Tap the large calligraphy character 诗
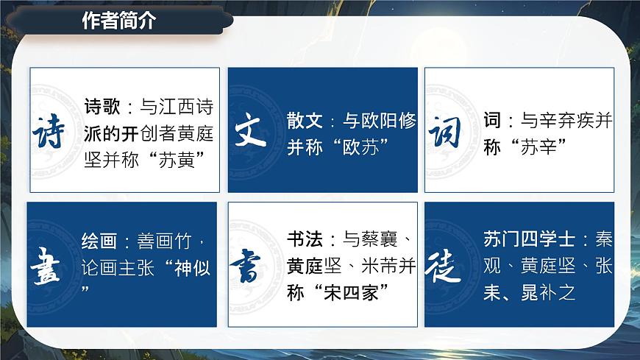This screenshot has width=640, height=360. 49,133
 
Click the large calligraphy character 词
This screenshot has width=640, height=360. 445,132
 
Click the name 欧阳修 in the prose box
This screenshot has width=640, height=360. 391,121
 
